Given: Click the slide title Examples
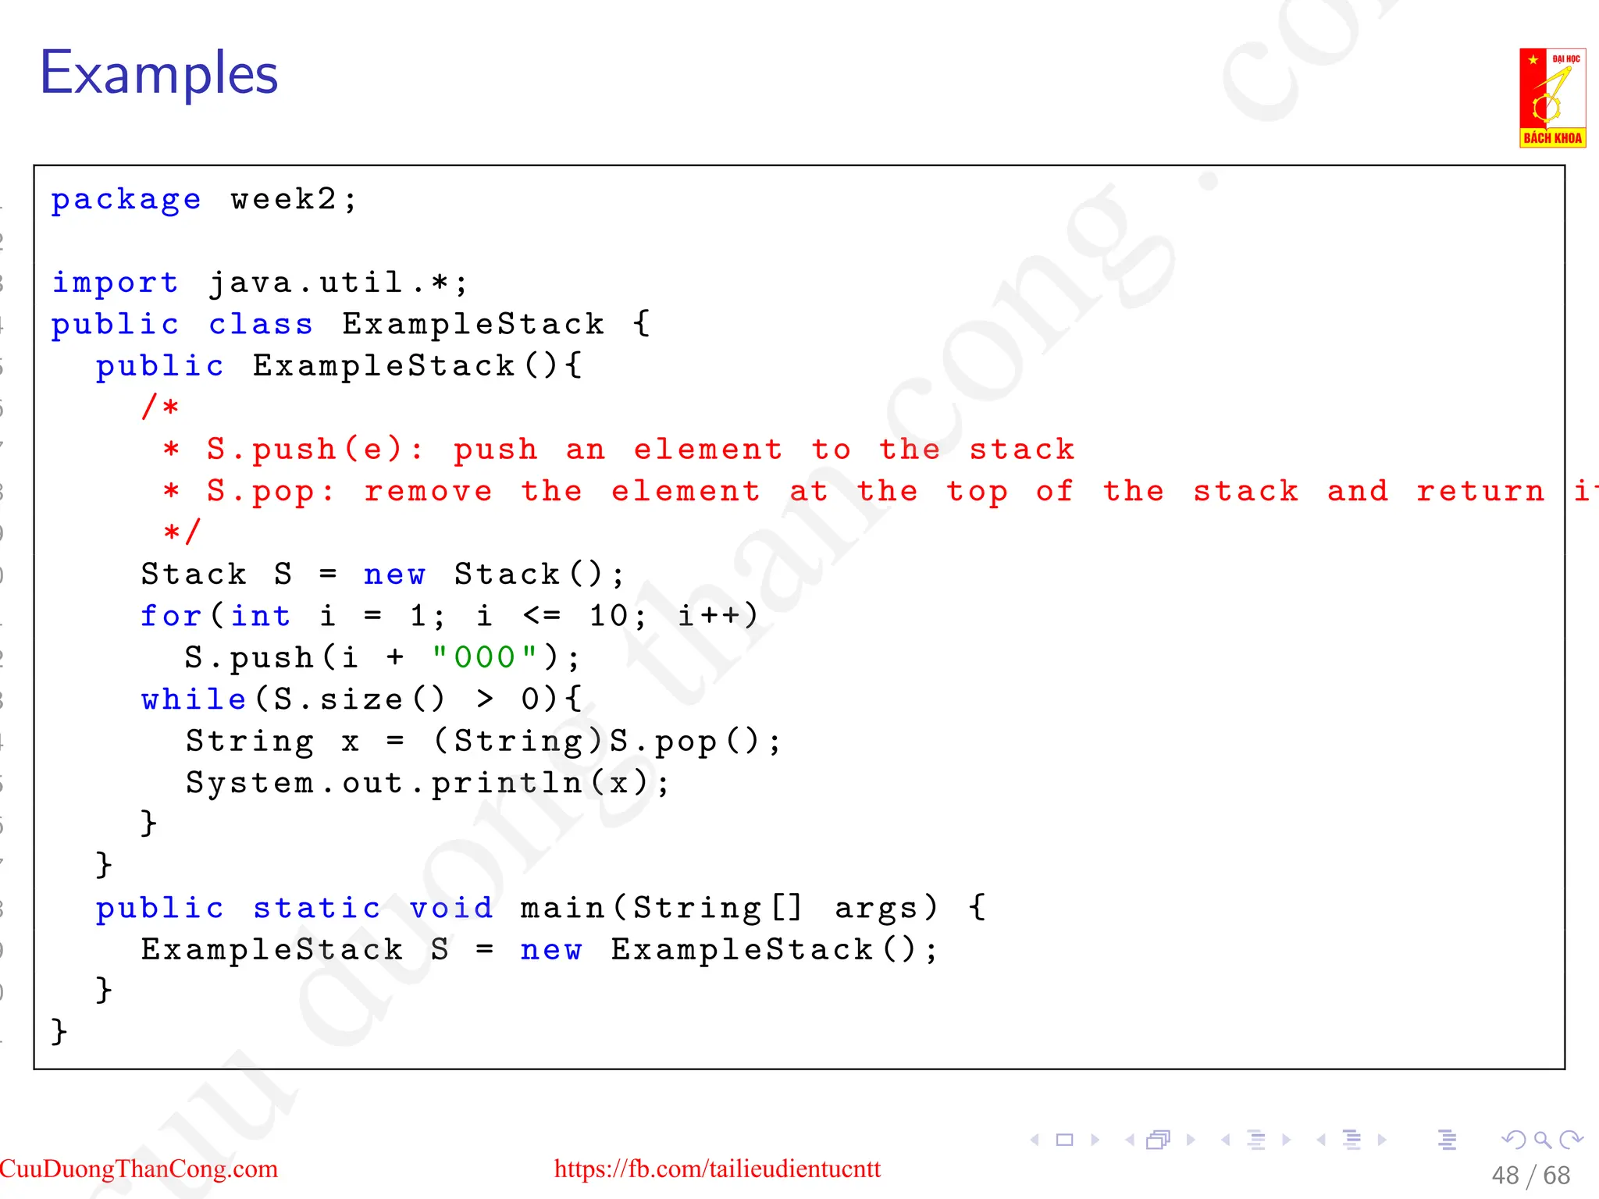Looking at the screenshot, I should tap(158, 73).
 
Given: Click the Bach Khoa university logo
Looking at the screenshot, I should tap(1552, 98).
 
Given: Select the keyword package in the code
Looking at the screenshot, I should tap(126, 200).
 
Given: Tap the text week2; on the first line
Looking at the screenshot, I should tap(294, 200).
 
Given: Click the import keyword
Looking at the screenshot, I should tap(115, 283).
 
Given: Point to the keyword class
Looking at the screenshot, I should tap(261, 324).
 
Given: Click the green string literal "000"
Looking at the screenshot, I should tap(485, 657).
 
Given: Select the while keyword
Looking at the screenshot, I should tap(194, 699).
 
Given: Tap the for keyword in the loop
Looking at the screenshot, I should tap(171, 616).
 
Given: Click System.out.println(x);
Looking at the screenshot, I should tap(427, 783).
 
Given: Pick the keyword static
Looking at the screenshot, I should tap(316, 908).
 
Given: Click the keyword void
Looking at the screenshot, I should tap(451, 908).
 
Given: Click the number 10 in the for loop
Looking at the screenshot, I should tap(609, 616).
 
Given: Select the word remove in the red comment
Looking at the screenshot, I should tap(428, 491).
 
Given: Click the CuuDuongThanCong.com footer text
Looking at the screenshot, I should tap(139, 1169).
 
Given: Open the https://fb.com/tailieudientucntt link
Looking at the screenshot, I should tap(717, 1169).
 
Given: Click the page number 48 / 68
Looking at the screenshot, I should tap(1530, 1176).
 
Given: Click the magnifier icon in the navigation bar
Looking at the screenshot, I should tap(1542, 1140).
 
